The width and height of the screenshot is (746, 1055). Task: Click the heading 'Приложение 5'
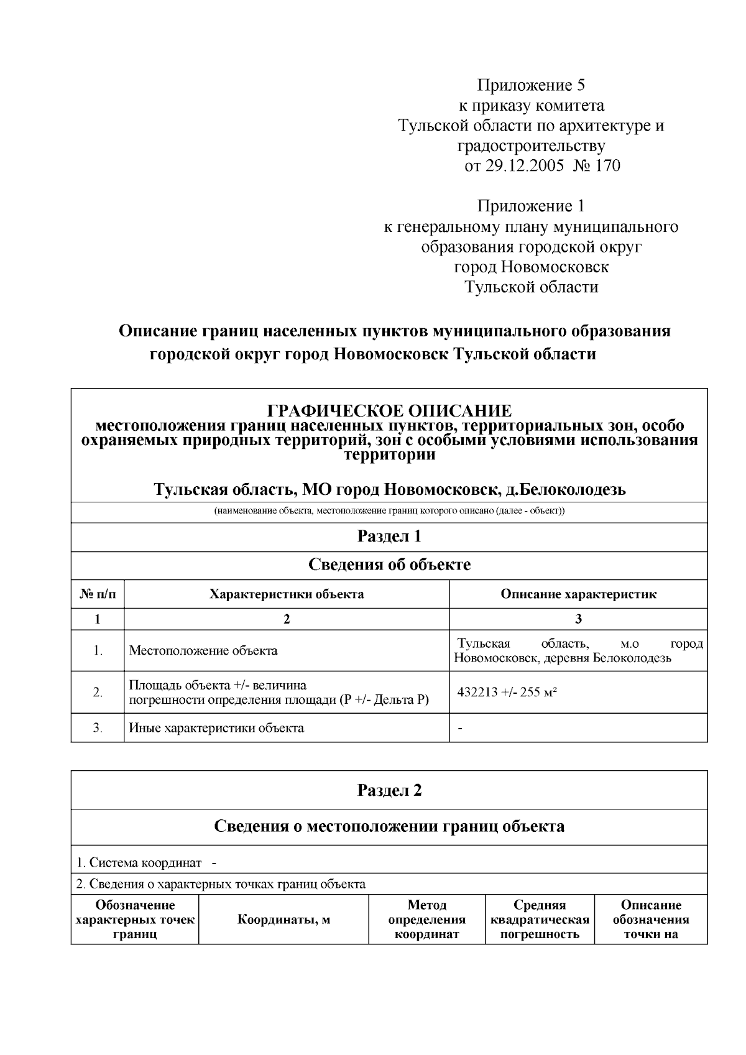[531, 85]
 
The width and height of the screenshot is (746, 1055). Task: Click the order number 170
[607, 167]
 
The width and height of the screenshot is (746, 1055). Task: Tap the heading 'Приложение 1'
[531, 206]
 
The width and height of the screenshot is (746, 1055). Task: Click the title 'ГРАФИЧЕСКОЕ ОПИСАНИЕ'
[389, 411]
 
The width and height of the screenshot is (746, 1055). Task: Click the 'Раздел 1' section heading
[389, 536]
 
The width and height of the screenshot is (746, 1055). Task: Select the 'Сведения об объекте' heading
[389, 564]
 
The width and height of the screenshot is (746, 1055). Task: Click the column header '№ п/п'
[98, 594]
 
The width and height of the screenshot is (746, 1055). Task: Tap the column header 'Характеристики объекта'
[287, 594]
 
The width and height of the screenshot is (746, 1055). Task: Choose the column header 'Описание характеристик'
[578, 594]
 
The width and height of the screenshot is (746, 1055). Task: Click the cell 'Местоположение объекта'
[203, 651]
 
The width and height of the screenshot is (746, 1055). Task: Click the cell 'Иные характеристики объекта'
[216, 728]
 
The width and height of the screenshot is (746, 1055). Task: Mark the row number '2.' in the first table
[98, 692]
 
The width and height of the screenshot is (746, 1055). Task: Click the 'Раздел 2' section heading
[389, 790]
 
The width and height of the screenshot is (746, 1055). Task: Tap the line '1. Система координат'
[139, 863]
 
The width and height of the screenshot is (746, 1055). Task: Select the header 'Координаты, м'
[283, 920]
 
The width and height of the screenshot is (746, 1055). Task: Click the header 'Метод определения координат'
[426, 920]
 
